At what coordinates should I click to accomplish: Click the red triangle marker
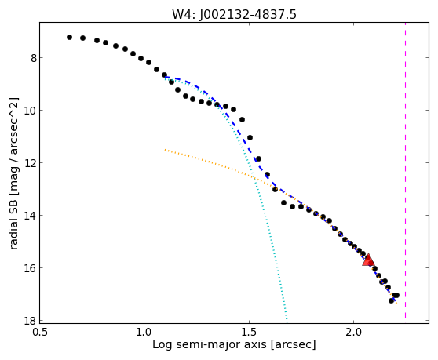[368, 260]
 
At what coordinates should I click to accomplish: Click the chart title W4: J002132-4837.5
[234, 15]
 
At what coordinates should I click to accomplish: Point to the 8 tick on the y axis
[34, 58]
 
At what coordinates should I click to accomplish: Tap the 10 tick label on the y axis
[31, 111]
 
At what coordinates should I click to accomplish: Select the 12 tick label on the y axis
[31, 163]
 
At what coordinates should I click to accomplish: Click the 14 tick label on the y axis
[31, 216]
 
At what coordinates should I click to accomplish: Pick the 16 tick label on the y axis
[31, 268]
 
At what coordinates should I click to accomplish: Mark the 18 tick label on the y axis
[31, 321]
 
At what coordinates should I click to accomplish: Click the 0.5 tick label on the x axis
[40, 333]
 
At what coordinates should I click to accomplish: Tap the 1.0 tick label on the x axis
[144, 333]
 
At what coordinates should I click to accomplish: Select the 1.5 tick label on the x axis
[249, 333]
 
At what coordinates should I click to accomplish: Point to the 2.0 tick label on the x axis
[354, 333]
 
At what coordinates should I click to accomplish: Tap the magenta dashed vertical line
[405, 170]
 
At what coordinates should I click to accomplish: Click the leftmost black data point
[69, 37]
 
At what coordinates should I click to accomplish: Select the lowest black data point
[391, 300]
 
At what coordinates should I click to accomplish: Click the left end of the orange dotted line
[165, 150]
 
